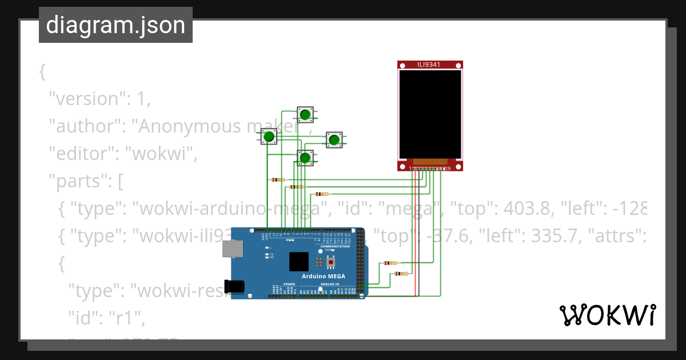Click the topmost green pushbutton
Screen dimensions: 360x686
pyautogui.click(x=305, y=115)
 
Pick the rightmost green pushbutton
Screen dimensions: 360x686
pyautogui.click(x=334, y=139)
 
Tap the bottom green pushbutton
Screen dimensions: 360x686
pyautogui.click(x=305, y=158)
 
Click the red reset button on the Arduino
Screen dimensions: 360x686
pyautogui.click(x=330, y=262)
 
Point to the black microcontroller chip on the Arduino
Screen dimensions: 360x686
pyautogui.click(x=298, y=261)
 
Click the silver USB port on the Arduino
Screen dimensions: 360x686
pyautogui.click(x=233, y=249)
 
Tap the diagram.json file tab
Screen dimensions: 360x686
pyautogui.click(x=115, y=25)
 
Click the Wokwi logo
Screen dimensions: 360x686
pyautogui.click(x=607, y=315)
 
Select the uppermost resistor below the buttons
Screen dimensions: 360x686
pyautogui.click(x=278, y=179)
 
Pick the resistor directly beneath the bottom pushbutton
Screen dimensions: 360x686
pyautogui.click(x=296, y=186)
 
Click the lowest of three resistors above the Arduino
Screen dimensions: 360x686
pyautogui.click(x=321, y=194)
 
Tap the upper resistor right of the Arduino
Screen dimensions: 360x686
pyautogui.click(x=391, y=263)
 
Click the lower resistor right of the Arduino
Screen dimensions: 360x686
pyautogui.click(x=402, y=274)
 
